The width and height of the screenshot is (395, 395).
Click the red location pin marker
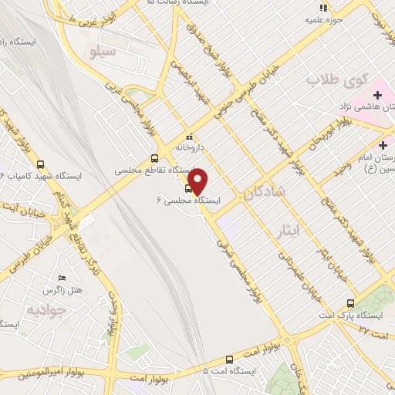pos(198,181)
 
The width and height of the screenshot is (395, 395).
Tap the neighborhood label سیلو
pos(103,52)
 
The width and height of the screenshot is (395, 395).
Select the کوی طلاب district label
pos(333,79)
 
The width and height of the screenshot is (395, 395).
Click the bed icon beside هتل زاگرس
pos(62,278)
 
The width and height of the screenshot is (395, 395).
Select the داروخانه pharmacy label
pos(192,145)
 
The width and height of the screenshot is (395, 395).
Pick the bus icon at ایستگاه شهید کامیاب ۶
pos(40,164)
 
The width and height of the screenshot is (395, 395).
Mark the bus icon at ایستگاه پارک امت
pos(351,303)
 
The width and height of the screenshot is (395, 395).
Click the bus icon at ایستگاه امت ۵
pos(228,360)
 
